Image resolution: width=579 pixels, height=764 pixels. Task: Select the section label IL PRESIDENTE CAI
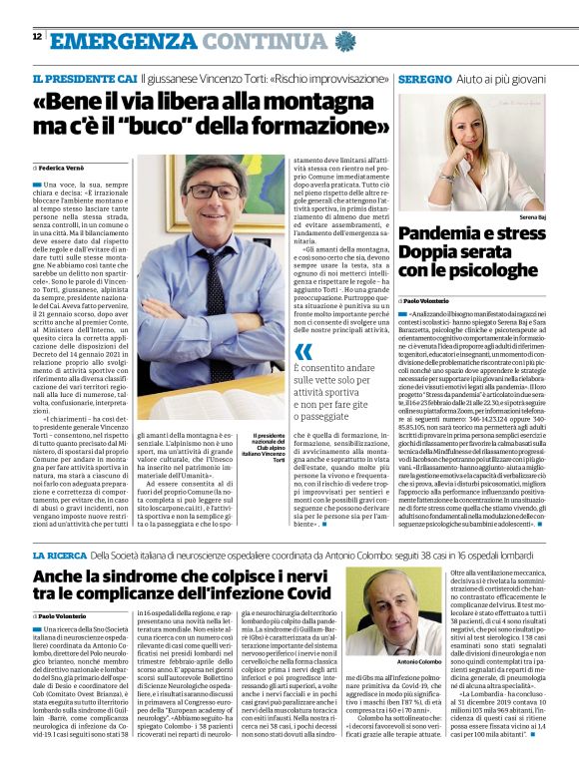84,78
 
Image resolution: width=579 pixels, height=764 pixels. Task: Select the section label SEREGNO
424,78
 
